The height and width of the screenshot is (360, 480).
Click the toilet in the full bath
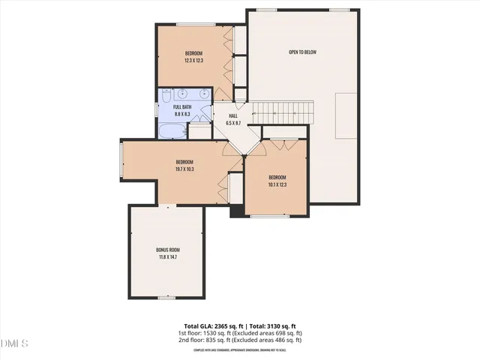pos(165,96)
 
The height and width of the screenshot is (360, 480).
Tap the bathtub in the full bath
pos(172,131)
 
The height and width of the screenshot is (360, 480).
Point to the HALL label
pos(233,116)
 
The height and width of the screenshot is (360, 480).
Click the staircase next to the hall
pos(280,112)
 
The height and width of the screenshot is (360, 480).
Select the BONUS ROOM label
pos(168,250)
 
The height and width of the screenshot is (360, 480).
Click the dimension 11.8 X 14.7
pos(168,257)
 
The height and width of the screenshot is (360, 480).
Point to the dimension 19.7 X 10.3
pos(184,169)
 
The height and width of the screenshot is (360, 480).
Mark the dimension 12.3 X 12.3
pos(194,60)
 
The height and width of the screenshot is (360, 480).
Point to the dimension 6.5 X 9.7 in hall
pos(233,123)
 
